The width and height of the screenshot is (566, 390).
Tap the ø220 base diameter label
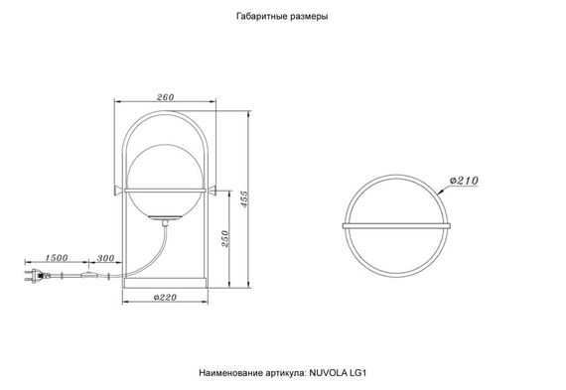coord(165,296)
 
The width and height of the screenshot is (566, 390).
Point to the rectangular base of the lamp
coord(165,281)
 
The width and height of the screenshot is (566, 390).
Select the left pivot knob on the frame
coord(118,188)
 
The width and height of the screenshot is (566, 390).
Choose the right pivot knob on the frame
coord(212,188)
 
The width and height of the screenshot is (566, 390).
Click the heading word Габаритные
coord(263,18)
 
